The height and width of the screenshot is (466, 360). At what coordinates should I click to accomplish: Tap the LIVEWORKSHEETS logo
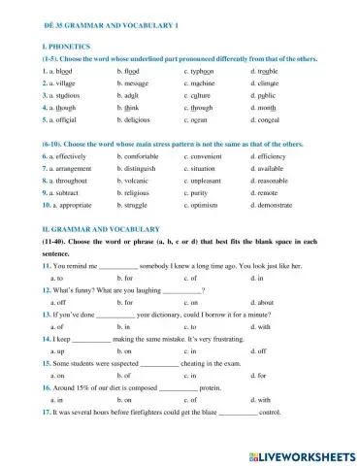click(x=301, y=453)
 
